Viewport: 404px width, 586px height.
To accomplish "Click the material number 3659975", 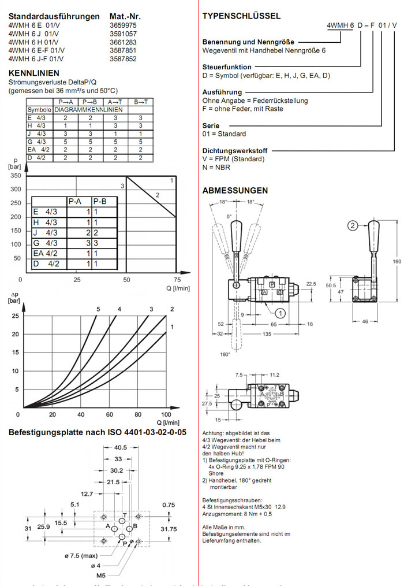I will pos(122,26).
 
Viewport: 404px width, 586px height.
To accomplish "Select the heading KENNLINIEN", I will pos(34,73).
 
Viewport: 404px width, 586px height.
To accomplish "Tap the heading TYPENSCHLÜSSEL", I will pos(242,16).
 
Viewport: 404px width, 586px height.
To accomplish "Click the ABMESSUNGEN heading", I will pos(235,190).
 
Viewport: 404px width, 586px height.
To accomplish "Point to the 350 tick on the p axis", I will pos(16,175).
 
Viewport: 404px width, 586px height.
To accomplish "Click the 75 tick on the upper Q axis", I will pos(177,280).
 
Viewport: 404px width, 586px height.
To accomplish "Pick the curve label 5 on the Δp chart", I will pos(98,310).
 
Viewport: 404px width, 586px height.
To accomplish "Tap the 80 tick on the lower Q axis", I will pos(137,414).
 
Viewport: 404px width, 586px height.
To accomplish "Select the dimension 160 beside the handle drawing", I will pos(396,262).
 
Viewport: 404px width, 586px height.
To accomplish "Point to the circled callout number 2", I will pos(353,227).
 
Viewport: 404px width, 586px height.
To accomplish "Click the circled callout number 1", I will pos(280,314).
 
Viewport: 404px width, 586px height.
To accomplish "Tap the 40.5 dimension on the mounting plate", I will pos(121,447).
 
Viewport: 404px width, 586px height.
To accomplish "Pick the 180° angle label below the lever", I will pos(225,354).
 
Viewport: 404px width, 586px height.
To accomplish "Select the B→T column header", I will pos(140,102).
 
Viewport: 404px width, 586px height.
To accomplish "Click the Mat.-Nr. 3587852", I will pos(122,58).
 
